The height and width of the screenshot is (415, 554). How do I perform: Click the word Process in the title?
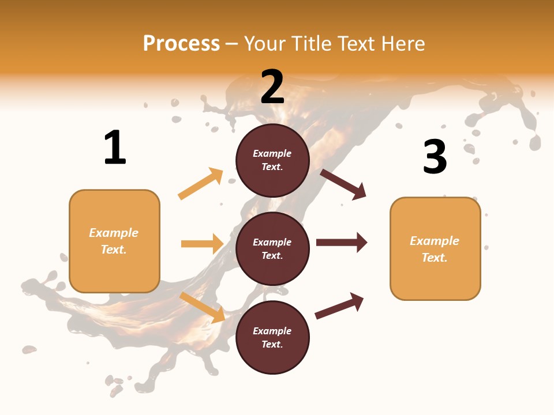pyautogui.click(x=181, y=44)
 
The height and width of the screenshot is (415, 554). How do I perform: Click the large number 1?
pyautogui.click(x=115, y=148)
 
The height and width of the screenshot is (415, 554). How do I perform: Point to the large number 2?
pyautogui.click(x=272, y=86)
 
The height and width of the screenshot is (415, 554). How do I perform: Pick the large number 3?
pyautogui.click(x=435, y=156)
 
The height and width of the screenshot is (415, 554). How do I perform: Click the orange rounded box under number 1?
pyautogui.click(x=114, y=241)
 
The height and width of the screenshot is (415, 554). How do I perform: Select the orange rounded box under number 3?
pyautogui.click(x=435, y=249)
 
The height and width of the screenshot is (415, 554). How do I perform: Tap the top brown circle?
pyautogui.click(x=272, y=160)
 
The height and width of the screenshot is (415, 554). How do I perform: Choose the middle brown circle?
pyautogui.click(x=272, y=248)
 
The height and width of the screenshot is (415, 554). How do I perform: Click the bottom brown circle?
pyautogui.click(x=272, y=337)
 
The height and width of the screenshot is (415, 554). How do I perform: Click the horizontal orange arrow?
pyautogui.click(x=202, y=244)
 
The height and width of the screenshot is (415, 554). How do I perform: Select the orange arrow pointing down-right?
pyautogui.click(x=203, y=307)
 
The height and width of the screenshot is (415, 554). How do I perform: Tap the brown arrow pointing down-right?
pyautogui.click(x=343, y=184)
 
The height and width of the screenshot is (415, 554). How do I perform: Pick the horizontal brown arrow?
pyautogui.click(x=341, y=242)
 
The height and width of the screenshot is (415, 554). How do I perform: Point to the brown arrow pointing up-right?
pyautogui.click(x=339, y=306)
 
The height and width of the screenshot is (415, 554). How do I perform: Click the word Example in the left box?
pyautogui.click(x=114, y=233)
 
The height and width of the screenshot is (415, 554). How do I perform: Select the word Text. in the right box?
pyautogui.click(x=435, y=258)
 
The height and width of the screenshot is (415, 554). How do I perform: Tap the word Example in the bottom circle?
pyautogui.click(x=272, y=331)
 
